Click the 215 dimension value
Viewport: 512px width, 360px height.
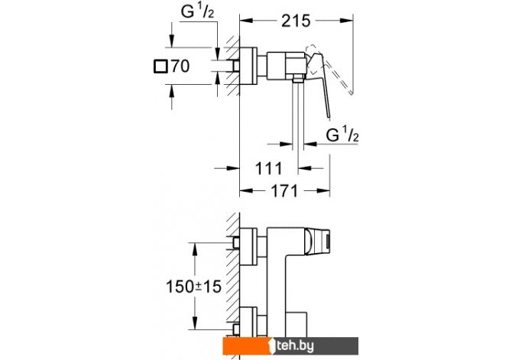click(x=296, y=21)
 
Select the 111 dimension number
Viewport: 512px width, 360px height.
click(x=268, y=169)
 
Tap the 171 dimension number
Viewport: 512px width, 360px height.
click(x=284, y=191)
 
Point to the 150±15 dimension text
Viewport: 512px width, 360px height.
click(x=193, y=287)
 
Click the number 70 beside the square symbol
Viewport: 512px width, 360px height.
click(x=180, y=66)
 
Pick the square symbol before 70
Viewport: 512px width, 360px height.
click(x=160, y=66)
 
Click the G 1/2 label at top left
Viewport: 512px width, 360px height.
click(x=198, y=12)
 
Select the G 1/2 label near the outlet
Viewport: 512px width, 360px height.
click(x=342, y=135)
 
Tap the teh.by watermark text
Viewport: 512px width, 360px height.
click(x=295, y=346)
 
